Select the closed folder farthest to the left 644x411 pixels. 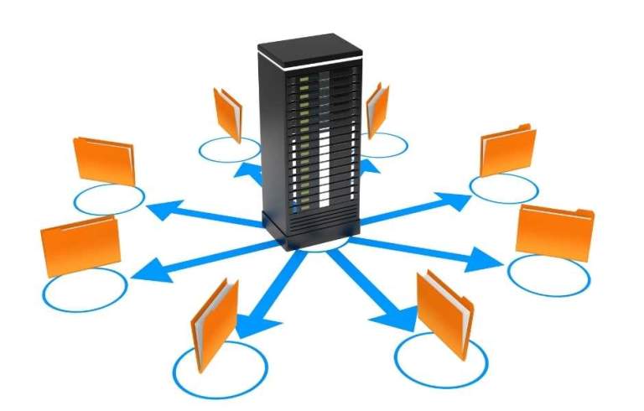point(80,244)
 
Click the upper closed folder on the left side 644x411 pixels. point(104,160)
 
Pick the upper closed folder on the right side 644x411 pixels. point(508,151)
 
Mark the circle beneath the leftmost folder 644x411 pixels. point(84,290)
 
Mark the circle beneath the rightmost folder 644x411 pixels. point(548,273)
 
